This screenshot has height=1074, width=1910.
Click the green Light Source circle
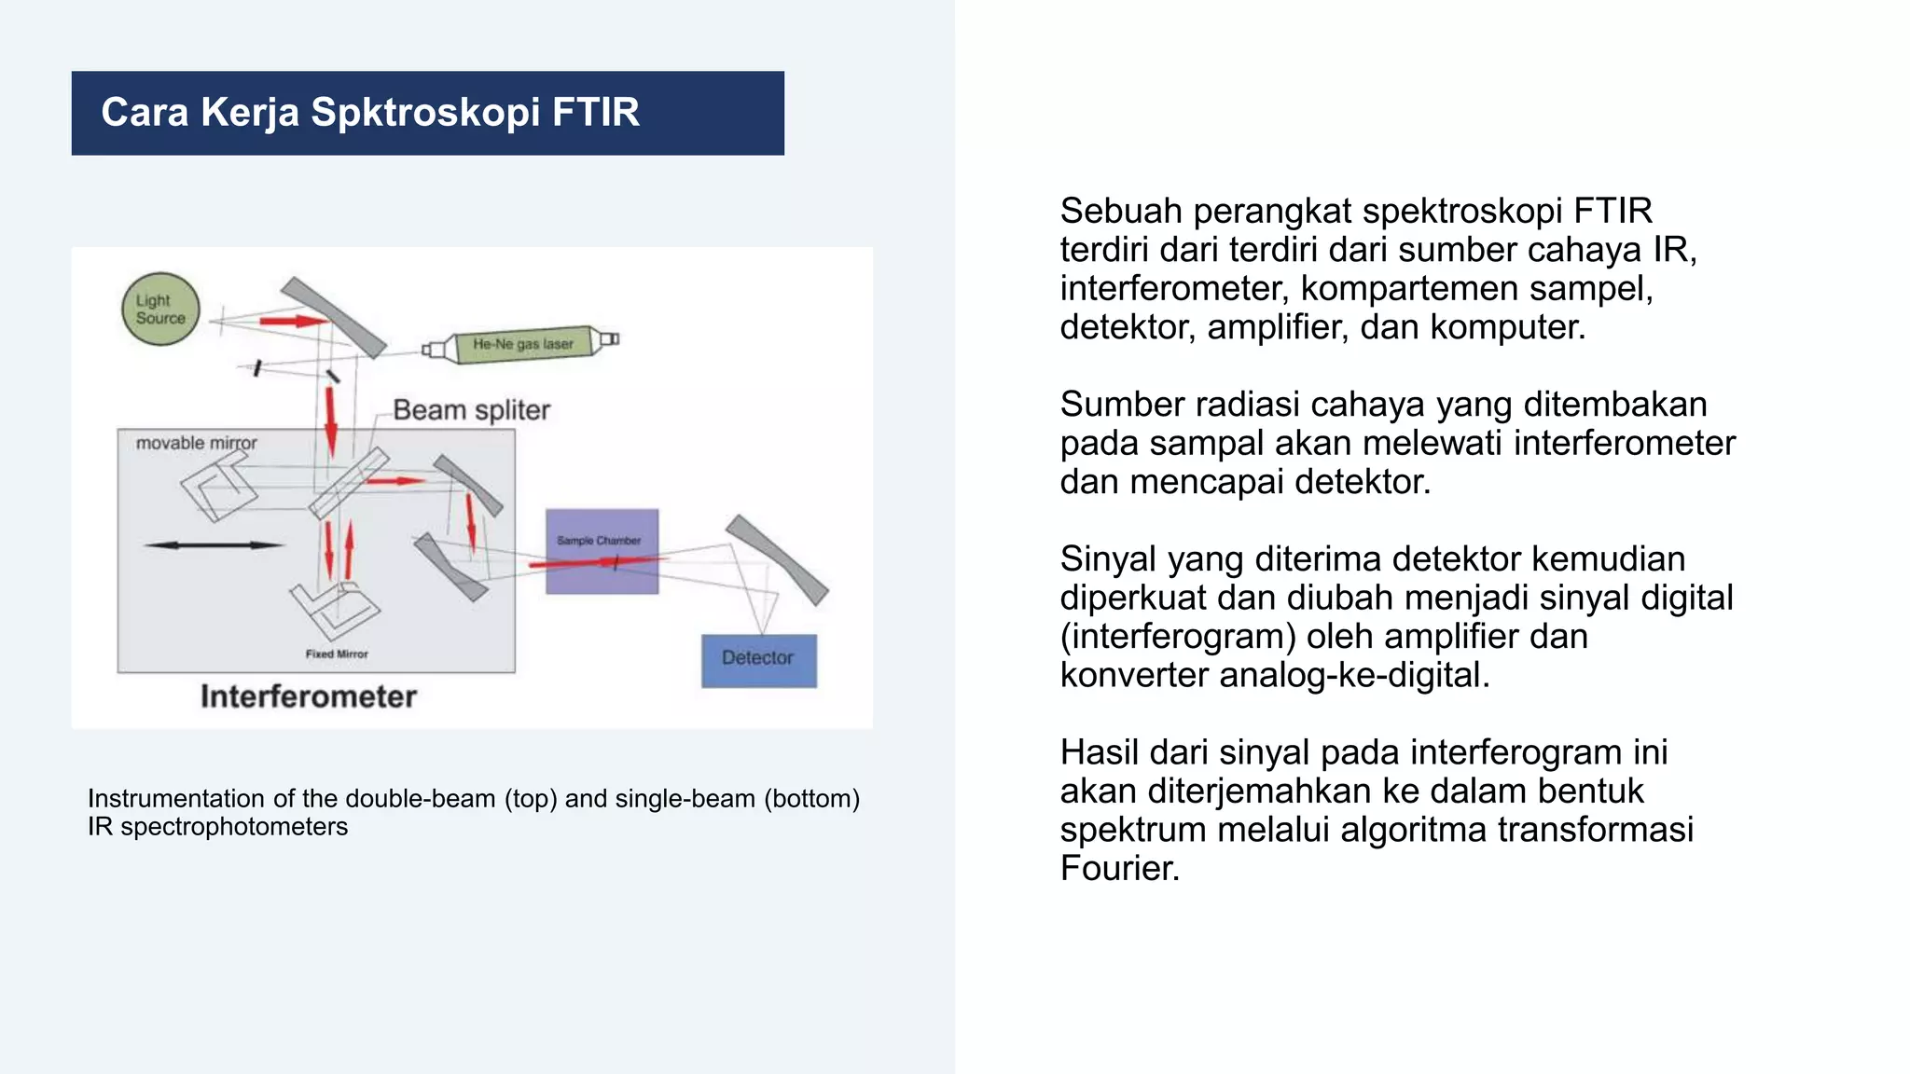[160, 309]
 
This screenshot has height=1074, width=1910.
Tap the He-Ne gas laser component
[522, 344]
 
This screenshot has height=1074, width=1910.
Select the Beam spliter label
[471, 410]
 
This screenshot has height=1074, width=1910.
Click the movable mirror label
[196, 443]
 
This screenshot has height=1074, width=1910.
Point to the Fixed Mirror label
[337, 654]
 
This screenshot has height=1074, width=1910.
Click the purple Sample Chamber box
[602, 551]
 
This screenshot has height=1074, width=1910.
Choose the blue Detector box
[758, 660]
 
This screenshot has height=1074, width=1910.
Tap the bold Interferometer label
[308, 696]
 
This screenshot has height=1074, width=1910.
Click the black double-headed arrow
[214, 544]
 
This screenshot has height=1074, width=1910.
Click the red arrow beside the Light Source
[293, 322]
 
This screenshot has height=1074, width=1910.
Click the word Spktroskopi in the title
[425, 113]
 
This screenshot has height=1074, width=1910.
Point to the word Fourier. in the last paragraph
[1119, 869]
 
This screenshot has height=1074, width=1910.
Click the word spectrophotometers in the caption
[234, 827]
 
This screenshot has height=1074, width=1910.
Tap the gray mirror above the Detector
[777, 559]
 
